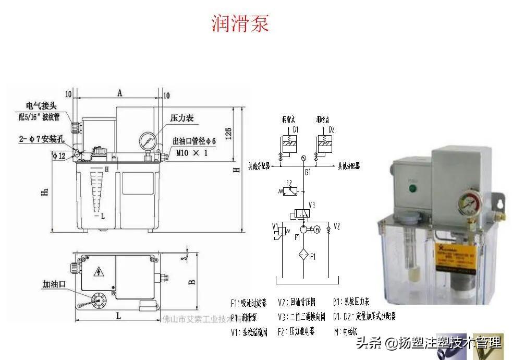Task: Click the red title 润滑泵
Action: point(240,23)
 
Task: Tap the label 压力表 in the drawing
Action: point(182,118)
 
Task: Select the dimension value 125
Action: point(228,133)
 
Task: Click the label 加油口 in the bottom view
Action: point(54,285)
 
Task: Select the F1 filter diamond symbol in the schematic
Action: point(303,256)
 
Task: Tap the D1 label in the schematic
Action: point(295,129)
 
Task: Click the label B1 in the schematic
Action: point(308,172)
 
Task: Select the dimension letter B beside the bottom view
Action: point(191,282)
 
